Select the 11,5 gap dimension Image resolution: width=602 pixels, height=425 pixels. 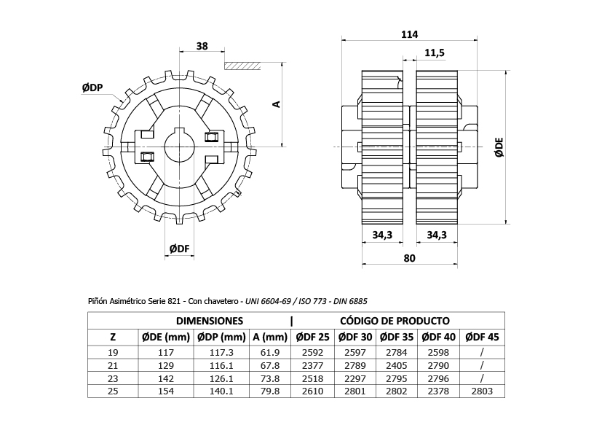pyautogui.click(x=435, y=53)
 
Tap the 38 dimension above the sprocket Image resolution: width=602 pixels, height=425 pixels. pyautogui.click(x=202, y=46)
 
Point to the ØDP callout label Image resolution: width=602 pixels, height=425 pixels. pyautogui.click(x=92, y=87)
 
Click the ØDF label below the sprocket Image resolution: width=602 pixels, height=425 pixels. pyautogui.click(x=180, y=249)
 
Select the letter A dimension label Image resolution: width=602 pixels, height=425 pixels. pyautogui.click(x=276, y=104)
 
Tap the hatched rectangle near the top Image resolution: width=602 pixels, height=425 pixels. pyautogui.click(x=242, y=65)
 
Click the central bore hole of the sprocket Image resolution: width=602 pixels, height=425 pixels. pyautogui.click(x=179, y=146)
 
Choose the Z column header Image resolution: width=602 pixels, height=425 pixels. pyautogui.click(x=112, y=337)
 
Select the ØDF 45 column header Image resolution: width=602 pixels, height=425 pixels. pyautogui.click(x=482, y=337)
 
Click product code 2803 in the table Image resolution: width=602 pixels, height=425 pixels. pyautogui.click(x=482, y=391)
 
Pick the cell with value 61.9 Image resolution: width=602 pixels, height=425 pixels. pyautogui.click(x=270, y=352)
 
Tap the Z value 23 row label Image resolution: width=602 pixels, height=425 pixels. pyautogui.click(x=112, y=378)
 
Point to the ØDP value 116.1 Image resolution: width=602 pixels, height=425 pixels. pyautogui.click(x=220, y=365)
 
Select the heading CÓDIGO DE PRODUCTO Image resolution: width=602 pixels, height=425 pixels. pyautogui.click(x=394, y=321)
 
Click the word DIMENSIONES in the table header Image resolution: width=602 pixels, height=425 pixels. pyautogui.click(x=209, y=321)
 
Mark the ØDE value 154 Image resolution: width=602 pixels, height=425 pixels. pyautogui.click(x=166, y=391)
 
